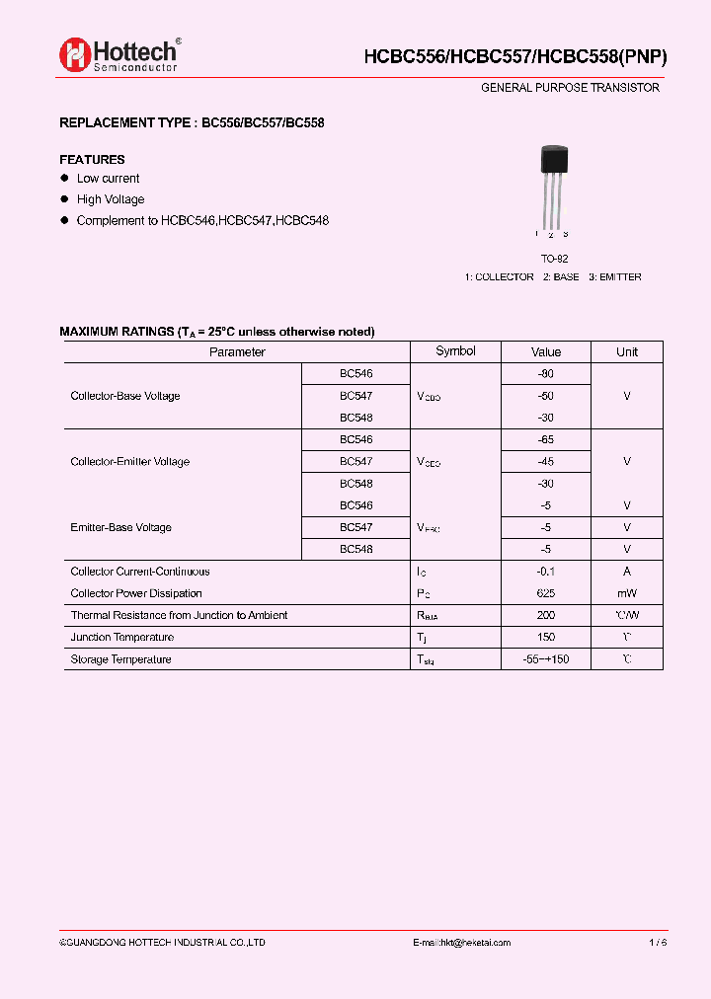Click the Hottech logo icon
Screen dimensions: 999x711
74,55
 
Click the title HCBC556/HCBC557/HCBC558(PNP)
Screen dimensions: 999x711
515,57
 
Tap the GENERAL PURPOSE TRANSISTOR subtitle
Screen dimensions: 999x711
570,88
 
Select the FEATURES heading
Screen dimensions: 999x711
92,159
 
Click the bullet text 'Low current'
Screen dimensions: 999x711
108,179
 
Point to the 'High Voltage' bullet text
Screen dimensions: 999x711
111,199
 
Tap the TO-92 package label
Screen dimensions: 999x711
553,259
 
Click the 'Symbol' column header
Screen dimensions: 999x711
455,351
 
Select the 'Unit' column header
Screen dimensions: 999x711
627,352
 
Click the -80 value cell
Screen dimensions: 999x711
546,374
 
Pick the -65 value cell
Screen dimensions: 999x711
546,440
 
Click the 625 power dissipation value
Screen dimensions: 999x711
546,593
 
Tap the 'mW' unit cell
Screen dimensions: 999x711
627,593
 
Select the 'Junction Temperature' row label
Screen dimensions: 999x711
121,638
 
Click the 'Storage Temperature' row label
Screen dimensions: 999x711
120,659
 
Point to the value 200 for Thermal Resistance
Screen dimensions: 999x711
546,615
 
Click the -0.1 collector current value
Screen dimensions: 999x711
546,572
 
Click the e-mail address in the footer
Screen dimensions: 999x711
461,943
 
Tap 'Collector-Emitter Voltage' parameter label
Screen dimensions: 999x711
129,462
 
